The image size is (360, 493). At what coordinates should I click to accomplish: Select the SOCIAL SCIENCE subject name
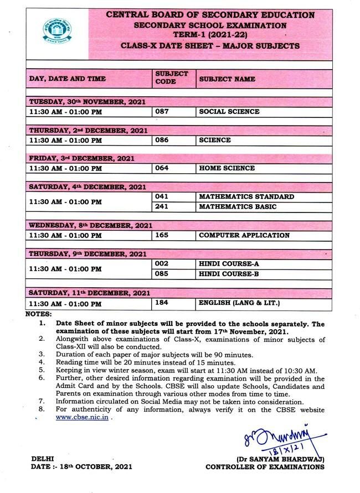point(229,112)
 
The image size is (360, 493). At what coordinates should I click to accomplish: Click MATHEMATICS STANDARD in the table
point(246,196)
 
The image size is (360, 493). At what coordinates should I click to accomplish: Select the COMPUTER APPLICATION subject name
point(244,235)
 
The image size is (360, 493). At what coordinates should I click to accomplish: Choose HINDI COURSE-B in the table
point(229,274)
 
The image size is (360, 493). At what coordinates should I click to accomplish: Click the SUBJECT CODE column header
point(172,77)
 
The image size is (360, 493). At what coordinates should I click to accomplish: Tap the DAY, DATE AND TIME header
point(67,79)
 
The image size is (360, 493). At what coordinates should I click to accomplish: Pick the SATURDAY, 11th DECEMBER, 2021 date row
point(89,293)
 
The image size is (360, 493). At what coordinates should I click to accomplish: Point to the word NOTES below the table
point(38,314)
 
